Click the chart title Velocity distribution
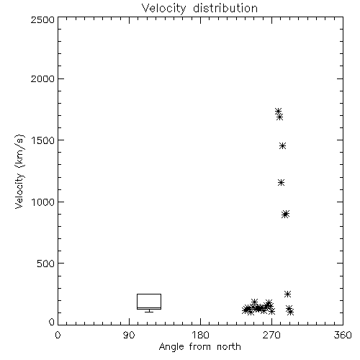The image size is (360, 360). pos(199,8)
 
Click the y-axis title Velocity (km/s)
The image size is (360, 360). pos(19,171)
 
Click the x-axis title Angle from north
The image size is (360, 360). pos(199,347)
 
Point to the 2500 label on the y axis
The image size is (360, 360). pos(42,19)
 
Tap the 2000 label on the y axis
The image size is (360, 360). pos(42,78)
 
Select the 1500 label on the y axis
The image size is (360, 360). pos(43,140)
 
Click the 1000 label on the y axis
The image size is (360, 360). pos(43,202)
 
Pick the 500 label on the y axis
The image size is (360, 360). pos(46,264)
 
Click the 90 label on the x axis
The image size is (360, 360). pos(129,335)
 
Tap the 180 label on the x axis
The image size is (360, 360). pos(200,335)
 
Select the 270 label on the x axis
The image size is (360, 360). pos(271,335)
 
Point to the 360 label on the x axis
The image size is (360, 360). pos(343,335)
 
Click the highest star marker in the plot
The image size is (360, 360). pos(278,112)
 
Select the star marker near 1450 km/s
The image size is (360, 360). pos(282,145)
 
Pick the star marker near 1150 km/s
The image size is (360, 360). pos(281,183)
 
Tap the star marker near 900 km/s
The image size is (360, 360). pos(285,214)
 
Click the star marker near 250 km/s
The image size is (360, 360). pos(287,294)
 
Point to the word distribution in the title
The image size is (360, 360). pos(225,8)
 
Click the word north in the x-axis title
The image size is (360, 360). pos(229,347)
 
